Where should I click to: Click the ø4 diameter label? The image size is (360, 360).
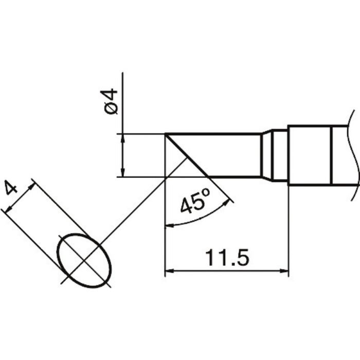(109, 101)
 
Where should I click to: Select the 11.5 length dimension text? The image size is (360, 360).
(227, 258)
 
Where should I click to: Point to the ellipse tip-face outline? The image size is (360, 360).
(84, 261)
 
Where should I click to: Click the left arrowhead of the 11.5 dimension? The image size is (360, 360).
(169, 271)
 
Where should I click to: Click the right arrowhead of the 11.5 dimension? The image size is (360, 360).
(284, 271)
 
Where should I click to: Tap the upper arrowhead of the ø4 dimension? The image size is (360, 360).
(123, 138)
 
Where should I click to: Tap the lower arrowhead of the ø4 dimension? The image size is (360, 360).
(123, 173)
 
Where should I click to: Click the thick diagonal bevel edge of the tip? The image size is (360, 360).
(187, 155)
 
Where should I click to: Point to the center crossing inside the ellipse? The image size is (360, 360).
(84, 261)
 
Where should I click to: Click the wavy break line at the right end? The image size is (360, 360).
(354, 155)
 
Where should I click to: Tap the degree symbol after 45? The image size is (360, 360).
(206, 192)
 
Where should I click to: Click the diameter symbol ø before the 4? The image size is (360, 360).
(110, 109)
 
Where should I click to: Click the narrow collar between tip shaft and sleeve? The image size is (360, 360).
(280, 155)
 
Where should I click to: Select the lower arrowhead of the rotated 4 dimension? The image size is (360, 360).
(9, 209)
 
